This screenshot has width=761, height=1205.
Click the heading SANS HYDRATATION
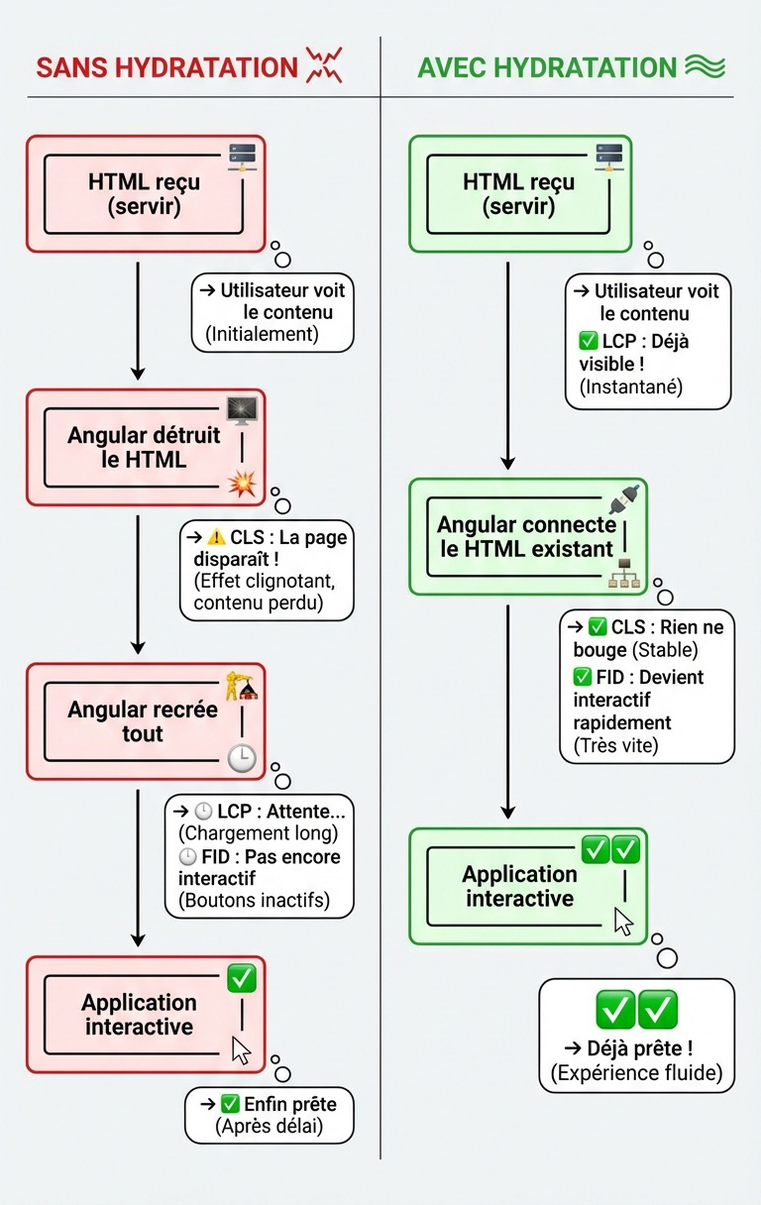(166, 67)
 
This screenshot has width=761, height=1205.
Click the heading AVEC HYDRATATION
(547, 67)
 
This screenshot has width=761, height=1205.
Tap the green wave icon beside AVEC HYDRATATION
(706, 66)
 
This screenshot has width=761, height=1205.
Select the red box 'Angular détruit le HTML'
(146, 447)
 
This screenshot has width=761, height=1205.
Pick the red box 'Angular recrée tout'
(146, 721)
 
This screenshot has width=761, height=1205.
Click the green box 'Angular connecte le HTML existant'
(526, 536)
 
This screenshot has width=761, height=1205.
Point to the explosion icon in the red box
(242, 484)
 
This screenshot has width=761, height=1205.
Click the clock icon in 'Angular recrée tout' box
(241, 758)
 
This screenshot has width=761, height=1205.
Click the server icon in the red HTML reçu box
(242, 158)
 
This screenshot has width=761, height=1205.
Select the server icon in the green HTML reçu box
(608, 158)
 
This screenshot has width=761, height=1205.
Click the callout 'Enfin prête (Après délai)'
(270, 1115)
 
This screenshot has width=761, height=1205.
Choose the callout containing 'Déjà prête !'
(636, 1036)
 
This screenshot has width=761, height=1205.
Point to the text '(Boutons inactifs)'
(254, 901)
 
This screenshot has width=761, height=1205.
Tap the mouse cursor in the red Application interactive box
(241, 1049)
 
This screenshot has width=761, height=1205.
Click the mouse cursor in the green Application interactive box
(623, 921)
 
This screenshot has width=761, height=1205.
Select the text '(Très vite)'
(615, 746)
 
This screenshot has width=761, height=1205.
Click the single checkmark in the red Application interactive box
(241, 979)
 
